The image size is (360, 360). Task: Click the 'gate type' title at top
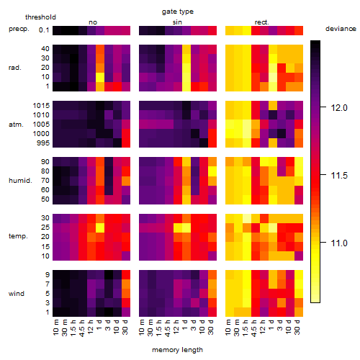tap(178, 12)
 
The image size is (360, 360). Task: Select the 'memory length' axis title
tap(178, 350)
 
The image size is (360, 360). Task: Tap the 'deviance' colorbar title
tap(341, 29)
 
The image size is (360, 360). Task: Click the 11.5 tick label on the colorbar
tap(339, 176)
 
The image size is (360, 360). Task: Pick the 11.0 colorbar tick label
tap(339, 243)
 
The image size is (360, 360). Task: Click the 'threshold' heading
tap(40, 17)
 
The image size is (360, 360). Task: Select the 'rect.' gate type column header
tap(262, 22)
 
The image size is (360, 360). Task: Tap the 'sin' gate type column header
tap(177, 22)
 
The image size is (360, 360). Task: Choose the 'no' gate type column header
tap(93, 22)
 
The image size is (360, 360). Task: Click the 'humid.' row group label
tap(20, 181)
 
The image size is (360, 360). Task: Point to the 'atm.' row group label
tap(16, 125)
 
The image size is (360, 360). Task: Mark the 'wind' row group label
tap(17, 294)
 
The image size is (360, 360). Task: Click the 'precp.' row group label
tap(19, 29)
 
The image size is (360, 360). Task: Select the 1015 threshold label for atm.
tap(41, 106)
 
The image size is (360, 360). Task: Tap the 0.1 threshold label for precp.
tap(44, 30)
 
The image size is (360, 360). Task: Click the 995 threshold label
tap(43, 143)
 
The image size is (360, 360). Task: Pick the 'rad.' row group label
tap(15, 68)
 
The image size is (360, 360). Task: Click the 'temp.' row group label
tap(18, 236)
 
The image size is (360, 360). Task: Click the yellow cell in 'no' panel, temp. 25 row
tap(100, 228)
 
